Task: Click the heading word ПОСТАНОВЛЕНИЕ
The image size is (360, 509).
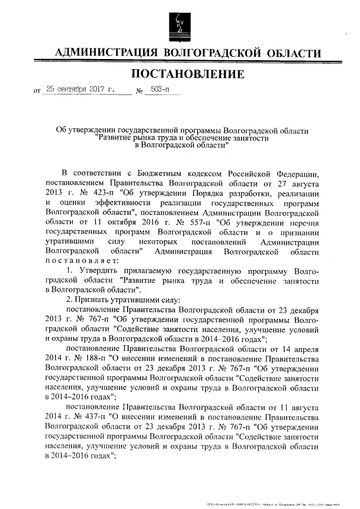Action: coord(187,74)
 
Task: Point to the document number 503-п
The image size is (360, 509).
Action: coord(160,89)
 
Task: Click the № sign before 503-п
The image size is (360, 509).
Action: coord(139,91)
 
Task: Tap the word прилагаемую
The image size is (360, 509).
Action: coord(150,272)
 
